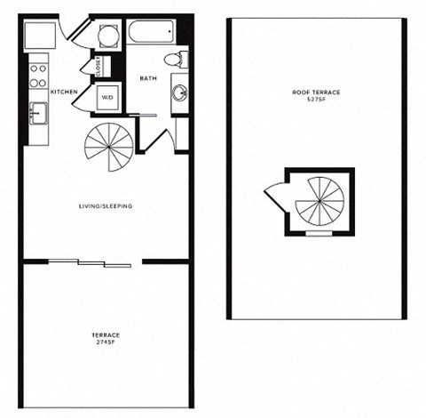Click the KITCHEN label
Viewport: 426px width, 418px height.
point(63,92)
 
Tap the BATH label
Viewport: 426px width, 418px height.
point(148,79)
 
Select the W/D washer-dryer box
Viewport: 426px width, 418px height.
point(106,97)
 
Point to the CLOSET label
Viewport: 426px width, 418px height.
point(99,66)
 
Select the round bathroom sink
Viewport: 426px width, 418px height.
point(178,92)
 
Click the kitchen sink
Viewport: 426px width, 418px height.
point(39,114)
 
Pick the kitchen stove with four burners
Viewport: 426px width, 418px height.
point(38,74)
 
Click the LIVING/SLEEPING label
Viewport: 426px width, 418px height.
point(106,206)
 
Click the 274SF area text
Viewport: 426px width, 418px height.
point(106,342)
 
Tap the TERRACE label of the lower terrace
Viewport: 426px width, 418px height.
point(106,334)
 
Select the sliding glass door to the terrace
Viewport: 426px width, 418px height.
point(92,262)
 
